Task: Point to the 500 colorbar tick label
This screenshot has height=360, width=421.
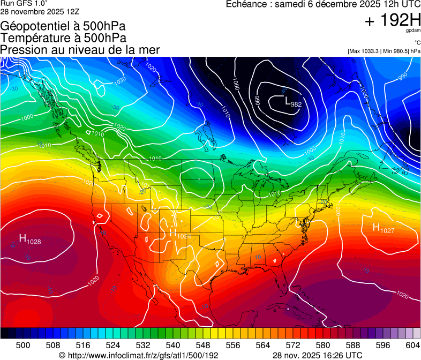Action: point(23,345)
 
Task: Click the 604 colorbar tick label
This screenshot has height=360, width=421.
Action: point(413,345)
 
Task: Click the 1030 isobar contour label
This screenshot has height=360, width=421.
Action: point(120,80)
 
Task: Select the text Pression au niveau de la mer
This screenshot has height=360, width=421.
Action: point(80,50)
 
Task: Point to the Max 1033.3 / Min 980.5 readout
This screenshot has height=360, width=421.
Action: point(384,51)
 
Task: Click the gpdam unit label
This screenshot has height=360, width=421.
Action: point(412,31)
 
